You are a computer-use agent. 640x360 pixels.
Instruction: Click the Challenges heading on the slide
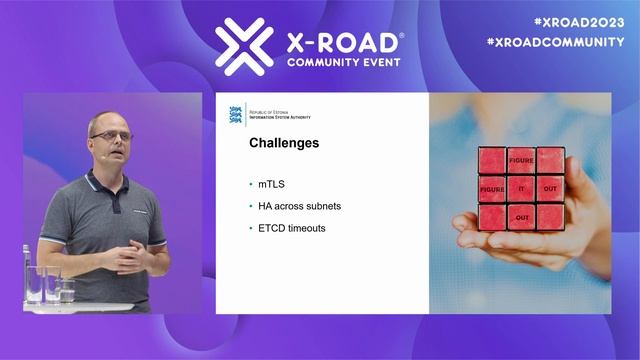(284, 143)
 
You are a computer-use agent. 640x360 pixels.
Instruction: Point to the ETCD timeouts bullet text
(292, 228)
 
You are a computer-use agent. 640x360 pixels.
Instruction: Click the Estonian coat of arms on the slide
(236, 114)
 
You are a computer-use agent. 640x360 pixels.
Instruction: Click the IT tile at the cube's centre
(521, 188)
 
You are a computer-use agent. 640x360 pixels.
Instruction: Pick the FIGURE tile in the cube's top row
(521, 160)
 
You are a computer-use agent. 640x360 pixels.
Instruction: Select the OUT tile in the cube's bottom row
(521, 217)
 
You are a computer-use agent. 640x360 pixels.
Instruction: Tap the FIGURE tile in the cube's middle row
(491, 188)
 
